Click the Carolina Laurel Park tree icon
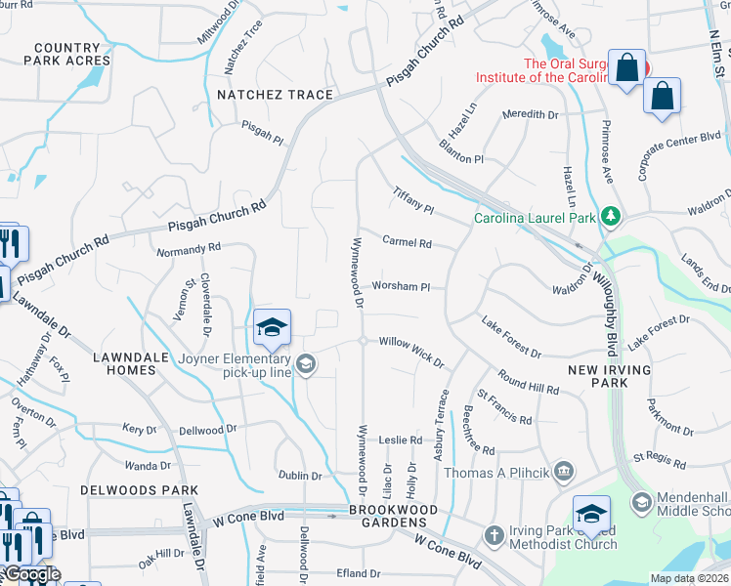pos(611,216)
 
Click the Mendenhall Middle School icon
pos(642,502)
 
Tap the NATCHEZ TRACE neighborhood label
pos(275,95)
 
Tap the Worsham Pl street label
pos(401,287)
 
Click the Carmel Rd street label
pos(407,241)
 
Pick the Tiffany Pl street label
pos(413,201)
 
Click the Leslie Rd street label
pos(400,440)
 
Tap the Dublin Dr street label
pos(301,476)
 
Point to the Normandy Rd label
pos(189,250)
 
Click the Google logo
pos(31,574)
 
